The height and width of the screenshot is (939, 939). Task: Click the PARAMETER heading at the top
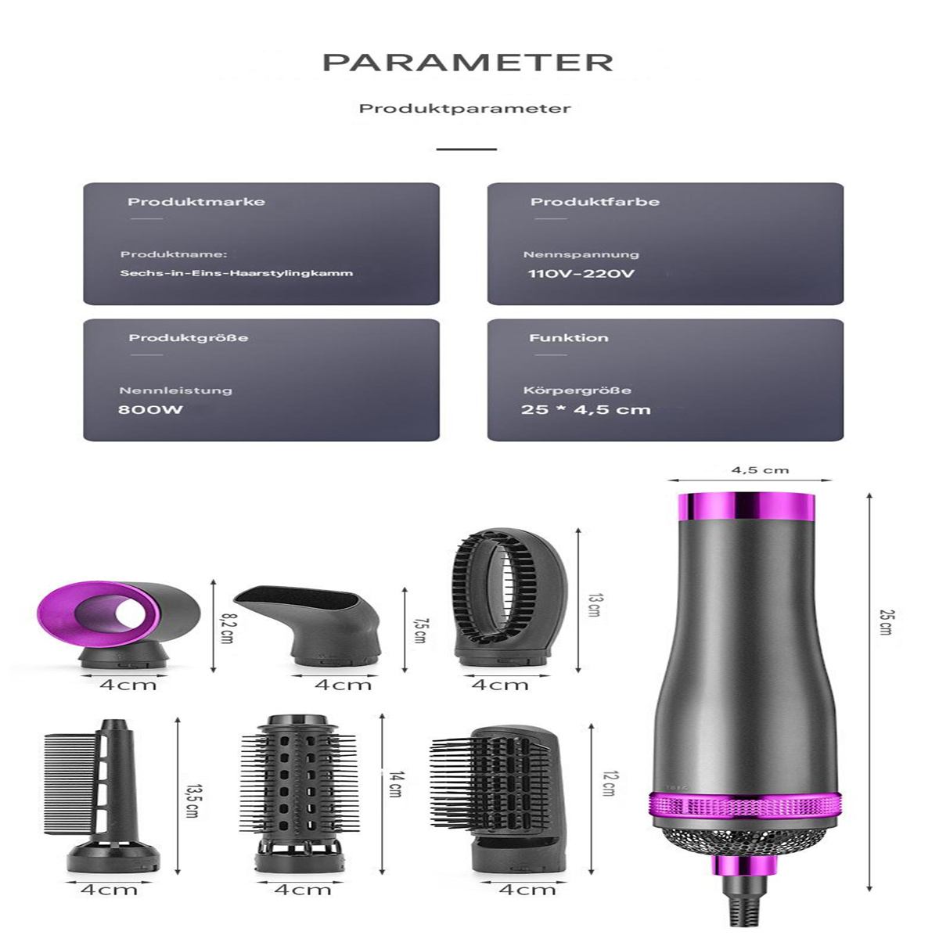468,63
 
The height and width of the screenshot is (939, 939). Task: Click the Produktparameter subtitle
465,108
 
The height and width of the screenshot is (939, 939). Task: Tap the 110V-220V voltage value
581,273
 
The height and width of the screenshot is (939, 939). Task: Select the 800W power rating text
150,408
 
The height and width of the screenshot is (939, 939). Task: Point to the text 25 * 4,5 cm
586,408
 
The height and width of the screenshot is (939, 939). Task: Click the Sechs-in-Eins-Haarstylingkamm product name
236,273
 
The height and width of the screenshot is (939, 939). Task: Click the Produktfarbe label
595,202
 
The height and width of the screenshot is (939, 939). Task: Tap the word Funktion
569,338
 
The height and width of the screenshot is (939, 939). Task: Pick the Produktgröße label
189,338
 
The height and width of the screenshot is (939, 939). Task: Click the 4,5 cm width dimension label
760,470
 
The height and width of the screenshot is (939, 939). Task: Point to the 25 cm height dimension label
885,622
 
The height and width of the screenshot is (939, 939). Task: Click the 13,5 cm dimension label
193,800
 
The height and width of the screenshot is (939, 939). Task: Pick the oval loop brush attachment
510,595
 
